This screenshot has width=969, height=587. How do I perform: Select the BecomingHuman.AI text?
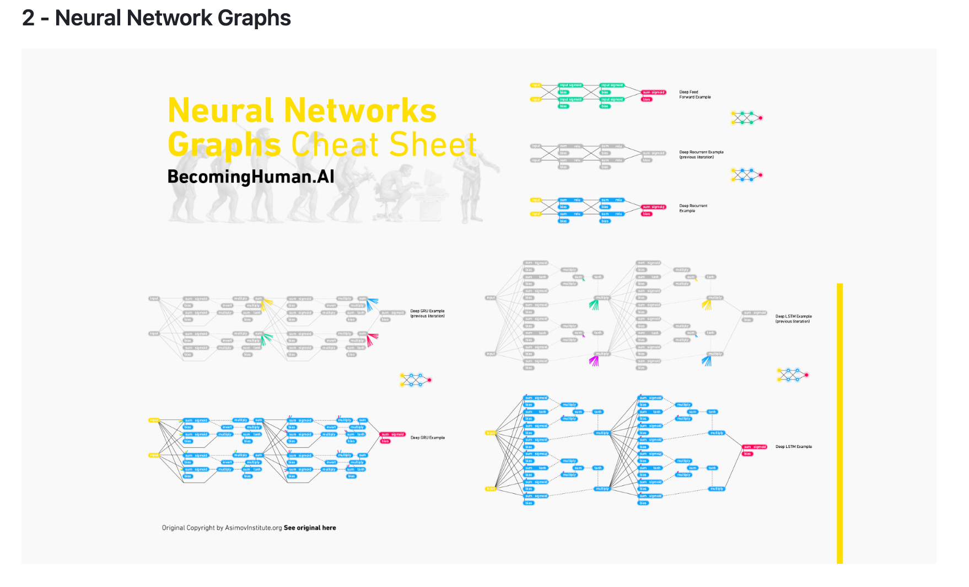tap(251, 177)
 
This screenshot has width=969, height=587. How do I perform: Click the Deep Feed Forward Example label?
tap(695, 94)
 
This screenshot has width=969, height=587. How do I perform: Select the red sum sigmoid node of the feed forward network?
tap(654, 92)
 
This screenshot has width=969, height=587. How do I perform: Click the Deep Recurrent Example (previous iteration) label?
tap(701, 154)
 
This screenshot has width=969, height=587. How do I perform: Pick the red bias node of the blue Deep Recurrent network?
tap(647, 214)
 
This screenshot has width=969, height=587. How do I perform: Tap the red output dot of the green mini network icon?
tap(761, 118)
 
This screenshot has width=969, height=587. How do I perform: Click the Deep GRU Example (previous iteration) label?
tap(427, 313)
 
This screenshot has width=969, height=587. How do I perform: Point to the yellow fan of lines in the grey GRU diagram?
tap(267, 304)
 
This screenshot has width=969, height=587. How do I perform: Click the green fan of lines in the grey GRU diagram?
tap(266, 339)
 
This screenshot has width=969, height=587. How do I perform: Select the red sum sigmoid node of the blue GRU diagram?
tap(393, 434)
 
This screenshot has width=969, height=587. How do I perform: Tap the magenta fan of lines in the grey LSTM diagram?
tap(594, 361)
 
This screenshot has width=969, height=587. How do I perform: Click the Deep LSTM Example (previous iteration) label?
tap(793, 319)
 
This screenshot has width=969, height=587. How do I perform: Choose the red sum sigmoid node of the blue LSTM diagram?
tap(755, 447)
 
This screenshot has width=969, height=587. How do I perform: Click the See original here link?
tap(310, 528)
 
